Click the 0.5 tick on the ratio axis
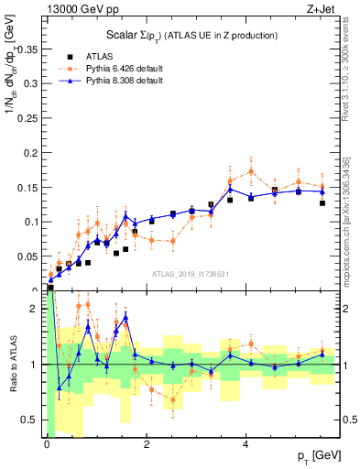point(34,420)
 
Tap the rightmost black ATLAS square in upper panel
point(322,202)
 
